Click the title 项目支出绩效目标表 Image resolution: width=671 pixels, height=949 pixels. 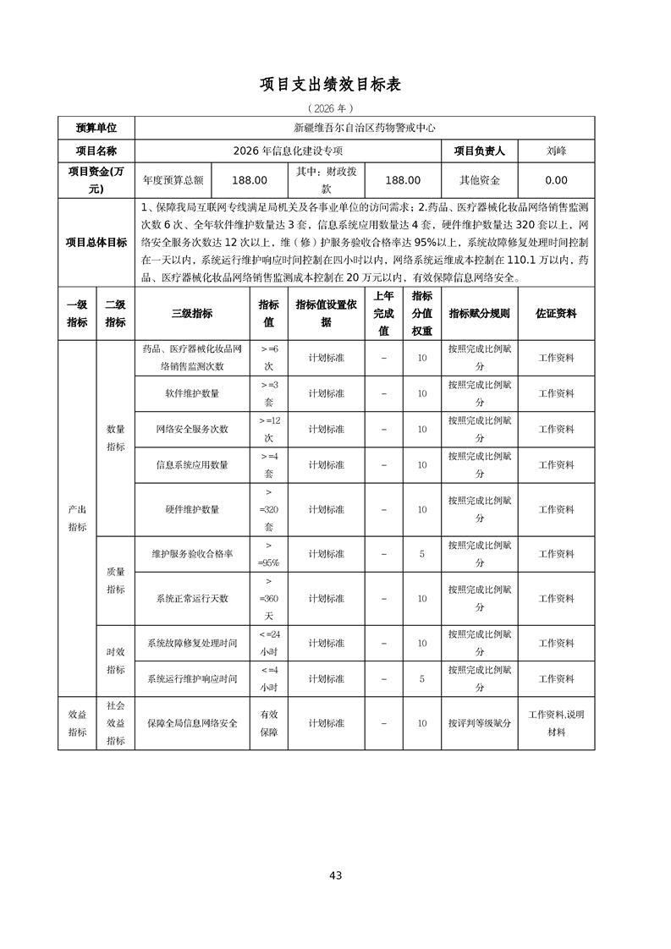tap(335, 85)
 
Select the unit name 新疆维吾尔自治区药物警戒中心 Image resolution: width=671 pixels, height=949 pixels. tap(364, 129)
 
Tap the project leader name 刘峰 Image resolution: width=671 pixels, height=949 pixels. tap(557, 151)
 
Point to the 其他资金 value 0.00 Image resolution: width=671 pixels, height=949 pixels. tap(557, 180)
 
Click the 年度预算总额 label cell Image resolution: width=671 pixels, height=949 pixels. tap(173, 180)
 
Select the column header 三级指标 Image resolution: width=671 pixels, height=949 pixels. tap(192, 313)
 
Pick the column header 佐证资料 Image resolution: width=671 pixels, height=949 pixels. tap(557, 313)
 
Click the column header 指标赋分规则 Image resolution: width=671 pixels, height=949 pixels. tap(480, 313)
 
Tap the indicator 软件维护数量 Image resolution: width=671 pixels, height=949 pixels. tap(192, 393)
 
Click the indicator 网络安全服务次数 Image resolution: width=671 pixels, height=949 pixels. tap(192, 429)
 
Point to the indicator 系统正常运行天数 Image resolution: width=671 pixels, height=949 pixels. tap(192, 598)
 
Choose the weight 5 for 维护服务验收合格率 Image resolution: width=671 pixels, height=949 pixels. tap(421, 554)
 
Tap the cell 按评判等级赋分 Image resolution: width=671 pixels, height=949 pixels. tap(480, 723)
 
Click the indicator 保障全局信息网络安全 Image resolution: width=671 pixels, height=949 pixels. tap(192, 723)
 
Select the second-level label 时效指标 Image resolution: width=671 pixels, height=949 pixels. tap(116, 661)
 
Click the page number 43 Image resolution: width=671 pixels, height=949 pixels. tap(336, 875)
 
